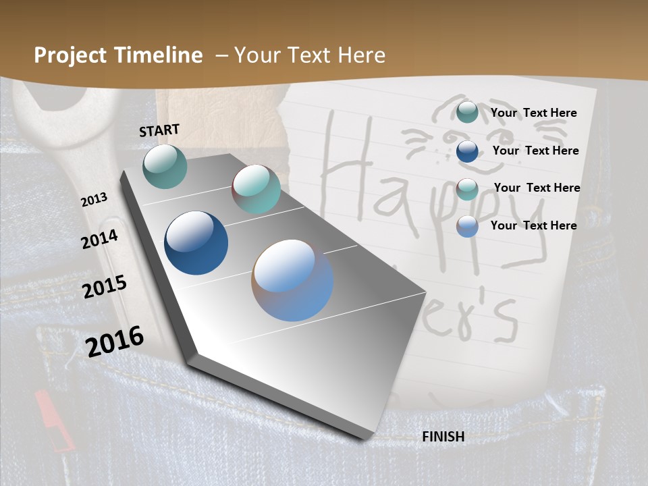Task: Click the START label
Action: [159, 130]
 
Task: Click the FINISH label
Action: [443, 437]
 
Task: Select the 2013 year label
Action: [94, 200]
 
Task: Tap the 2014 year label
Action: [99, 240]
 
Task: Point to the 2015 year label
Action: [104, 287]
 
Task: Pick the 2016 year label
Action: [115, 341]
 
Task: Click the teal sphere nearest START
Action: [165, 166]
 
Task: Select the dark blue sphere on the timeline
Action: [196, 243]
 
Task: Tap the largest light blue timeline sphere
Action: [292, 280]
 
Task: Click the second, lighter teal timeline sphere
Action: [256, 189]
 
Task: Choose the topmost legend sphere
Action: [467, 112]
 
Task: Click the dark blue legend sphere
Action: [467, 151]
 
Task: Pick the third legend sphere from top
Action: [467, 189]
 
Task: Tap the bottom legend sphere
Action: [467, 226]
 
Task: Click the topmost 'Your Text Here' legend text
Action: [533, 113]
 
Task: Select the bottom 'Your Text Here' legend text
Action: [533, 225]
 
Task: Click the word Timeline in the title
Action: [160, 55]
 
